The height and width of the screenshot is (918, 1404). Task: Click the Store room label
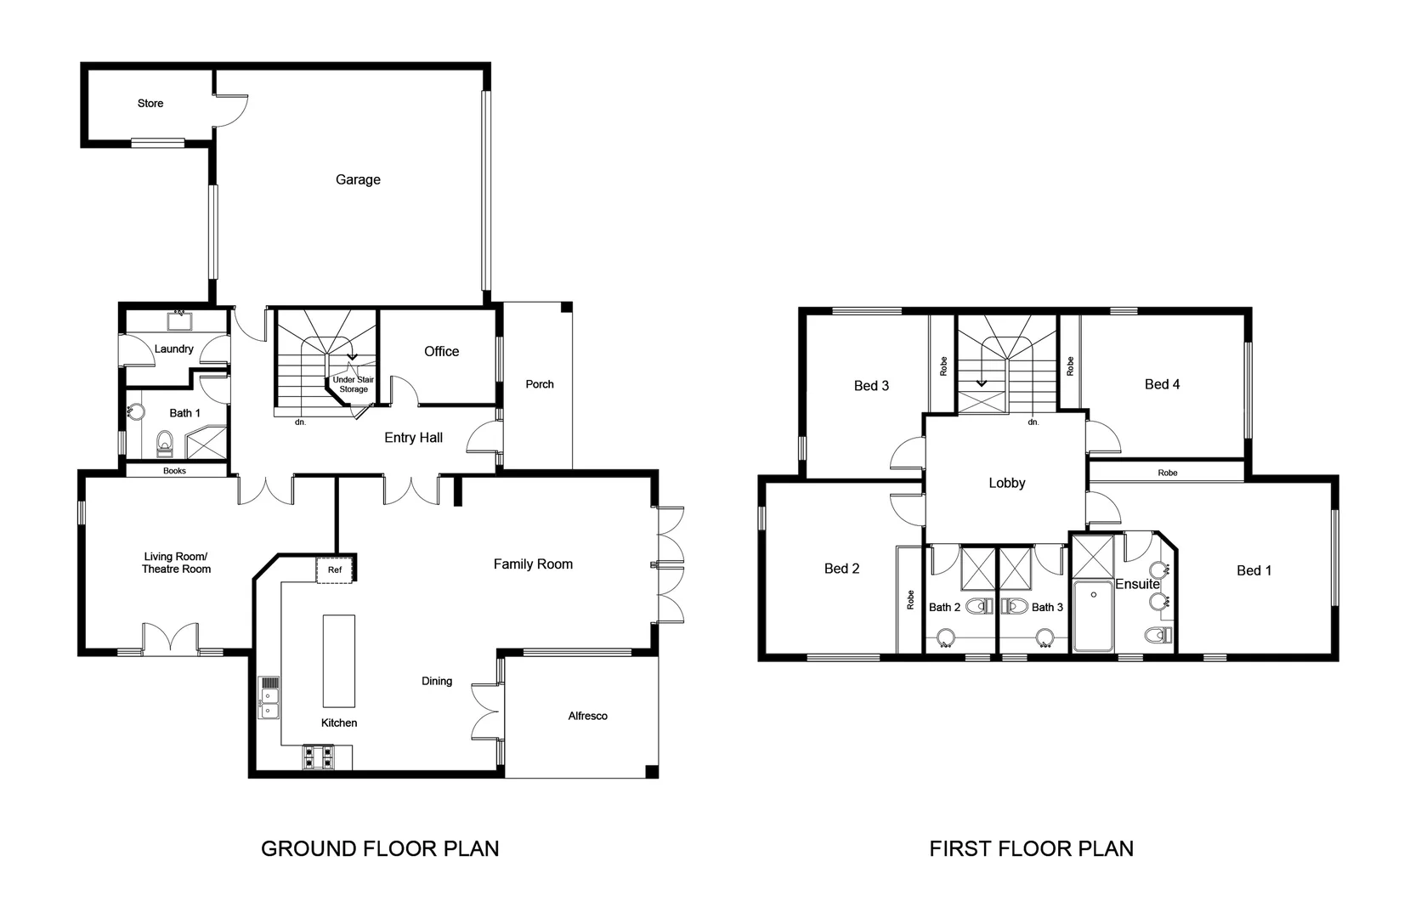click(x=150, y=104)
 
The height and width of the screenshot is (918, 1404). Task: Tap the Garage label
click(x=358, y=179)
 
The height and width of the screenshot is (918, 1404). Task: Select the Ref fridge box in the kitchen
click(x=335, y=569)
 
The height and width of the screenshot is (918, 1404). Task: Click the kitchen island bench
click(x=338, y=660)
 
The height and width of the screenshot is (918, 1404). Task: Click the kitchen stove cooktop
click(x=320, y=756)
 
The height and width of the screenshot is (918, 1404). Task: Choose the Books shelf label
click(x=174, y=471)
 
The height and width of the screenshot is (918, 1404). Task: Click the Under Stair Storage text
click(x=353, y=384)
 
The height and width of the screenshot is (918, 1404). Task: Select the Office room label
click(x=441, y=351)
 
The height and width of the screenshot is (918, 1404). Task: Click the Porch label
click(x=540, y=384)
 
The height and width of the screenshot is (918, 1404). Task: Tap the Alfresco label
click(x=588, y=716)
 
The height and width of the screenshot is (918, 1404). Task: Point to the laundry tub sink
click(x=179, y=321)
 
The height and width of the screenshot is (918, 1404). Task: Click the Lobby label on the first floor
click(x=1007, y=483)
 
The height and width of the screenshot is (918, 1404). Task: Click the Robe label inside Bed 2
click(x=910, y=600)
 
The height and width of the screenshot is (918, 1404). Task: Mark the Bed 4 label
click(x=1162, y=384)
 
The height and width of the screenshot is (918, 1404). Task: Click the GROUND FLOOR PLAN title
click(x=380, y=848)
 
